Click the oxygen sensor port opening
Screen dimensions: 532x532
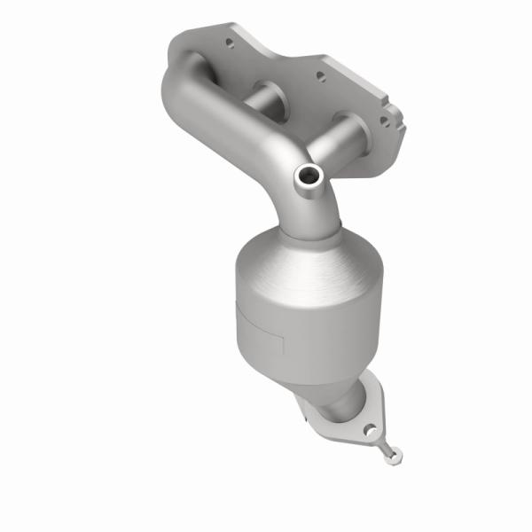point(309,176)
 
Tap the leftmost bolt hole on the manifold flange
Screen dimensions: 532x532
point(228,42)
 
